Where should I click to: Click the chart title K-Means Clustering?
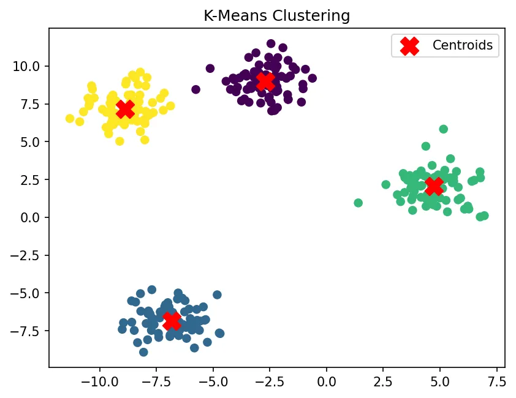coord(276,16)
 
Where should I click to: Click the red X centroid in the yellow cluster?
coord(125,110)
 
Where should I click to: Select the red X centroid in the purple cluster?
coord(265,81)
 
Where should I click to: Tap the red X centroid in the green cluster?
coord(434,186)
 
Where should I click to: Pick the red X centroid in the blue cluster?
coord(172,320)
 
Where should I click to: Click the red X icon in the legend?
coord(409,45)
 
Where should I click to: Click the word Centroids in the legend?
coord(463,45)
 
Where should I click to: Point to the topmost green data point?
coord(443,129)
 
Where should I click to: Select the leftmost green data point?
coord(359,203)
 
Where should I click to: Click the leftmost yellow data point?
coord(70,119)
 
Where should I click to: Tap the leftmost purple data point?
coord(196,89)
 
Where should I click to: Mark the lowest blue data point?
coord(143,352)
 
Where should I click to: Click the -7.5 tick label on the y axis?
coord(28,331)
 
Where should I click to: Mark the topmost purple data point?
coord(271,43)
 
